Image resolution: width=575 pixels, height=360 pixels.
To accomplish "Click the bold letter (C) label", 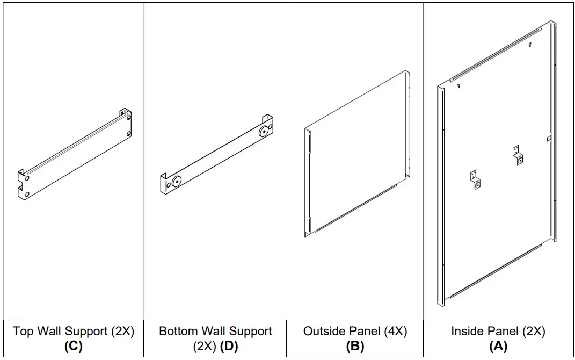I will [x=74, y=347].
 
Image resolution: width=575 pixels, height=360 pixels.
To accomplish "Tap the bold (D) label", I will [x=229, y=347].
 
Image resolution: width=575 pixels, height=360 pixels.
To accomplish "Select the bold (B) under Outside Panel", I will [x=355, y=347].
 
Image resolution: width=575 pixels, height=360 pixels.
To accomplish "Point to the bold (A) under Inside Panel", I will [x=498, y=347].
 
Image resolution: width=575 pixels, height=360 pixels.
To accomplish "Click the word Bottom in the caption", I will [x=180, y=332].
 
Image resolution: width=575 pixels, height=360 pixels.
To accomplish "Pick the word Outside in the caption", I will [x=323, y=332].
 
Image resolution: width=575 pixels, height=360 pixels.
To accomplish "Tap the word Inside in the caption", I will [x=467, y=332].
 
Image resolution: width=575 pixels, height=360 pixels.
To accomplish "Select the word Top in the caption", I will [x=23, y=332].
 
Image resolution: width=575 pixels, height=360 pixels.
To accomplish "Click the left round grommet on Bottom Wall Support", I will [x=176, y=182].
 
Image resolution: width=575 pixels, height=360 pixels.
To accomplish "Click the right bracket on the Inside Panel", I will [x=518, y=155].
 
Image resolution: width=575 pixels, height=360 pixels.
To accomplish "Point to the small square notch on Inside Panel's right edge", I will [x=547, y=139].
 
